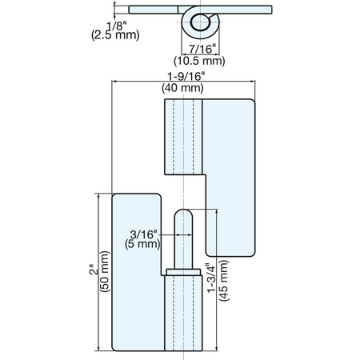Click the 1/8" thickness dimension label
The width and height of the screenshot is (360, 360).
117,26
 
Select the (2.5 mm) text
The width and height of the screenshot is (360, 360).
115,35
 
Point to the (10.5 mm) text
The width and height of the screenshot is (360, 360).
199,61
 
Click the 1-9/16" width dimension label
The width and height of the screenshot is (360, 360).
186,77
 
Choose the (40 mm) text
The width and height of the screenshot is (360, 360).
182,88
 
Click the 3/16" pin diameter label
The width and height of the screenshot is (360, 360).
142,234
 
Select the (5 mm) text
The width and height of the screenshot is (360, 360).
142,244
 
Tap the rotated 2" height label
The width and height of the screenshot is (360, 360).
94,270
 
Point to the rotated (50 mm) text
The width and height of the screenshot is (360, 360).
105,271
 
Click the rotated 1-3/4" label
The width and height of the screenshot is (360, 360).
212,278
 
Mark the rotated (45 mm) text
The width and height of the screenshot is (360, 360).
223,280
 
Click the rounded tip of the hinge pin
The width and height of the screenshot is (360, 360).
183,213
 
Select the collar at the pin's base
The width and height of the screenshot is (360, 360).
183,272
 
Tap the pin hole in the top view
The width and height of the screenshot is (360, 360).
199,22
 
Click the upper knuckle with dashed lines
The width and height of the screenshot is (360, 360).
183,137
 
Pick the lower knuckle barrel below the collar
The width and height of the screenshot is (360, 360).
183,313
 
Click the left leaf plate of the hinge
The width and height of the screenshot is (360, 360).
137,272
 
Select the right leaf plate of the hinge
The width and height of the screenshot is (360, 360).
229,176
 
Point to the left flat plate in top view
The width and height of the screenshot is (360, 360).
154,10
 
